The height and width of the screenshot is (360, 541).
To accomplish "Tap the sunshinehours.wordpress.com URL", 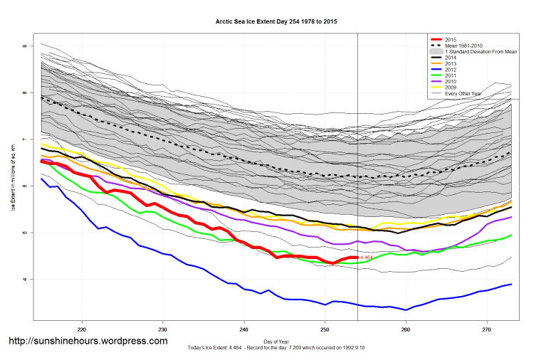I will [x=88, y=342].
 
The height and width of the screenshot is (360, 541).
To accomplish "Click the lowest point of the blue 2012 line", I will [x=406, y=309].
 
